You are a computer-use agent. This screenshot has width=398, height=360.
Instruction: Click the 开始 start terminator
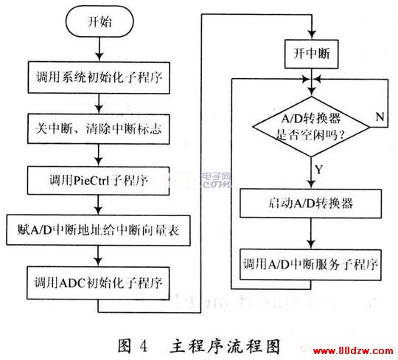click(99, 21)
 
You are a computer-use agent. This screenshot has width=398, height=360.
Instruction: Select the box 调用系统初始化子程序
click(99, 77)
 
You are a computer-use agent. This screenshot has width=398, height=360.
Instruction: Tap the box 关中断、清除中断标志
click(99, 129)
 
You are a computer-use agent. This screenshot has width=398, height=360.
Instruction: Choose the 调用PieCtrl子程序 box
click(98, 181)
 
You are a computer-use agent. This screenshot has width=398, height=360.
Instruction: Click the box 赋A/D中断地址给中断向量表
click(98, 230)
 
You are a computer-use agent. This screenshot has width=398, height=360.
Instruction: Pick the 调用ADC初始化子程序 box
click(98, 283)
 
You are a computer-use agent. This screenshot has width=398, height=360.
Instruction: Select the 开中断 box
click(312, 54)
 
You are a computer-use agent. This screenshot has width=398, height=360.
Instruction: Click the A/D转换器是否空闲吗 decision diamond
click(311, 126)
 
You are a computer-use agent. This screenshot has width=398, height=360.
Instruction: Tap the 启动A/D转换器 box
click(311, 204)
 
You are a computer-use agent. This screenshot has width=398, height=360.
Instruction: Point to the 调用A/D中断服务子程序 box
click(311, 265)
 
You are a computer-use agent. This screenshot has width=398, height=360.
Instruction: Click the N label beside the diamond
click(380, 117)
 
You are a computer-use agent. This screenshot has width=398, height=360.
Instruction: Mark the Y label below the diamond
click(319, 169)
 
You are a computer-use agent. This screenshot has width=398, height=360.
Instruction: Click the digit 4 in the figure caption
click(143, 346)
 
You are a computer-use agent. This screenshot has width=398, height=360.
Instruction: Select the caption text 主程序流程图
click(225, 346)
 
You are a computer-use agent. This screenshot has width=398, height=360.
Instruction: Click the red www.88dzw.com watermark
click(353, 351)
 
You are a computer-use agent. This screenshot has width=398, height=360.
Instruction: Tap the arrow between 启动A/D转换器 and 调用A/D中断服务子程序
click(311, 233)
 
